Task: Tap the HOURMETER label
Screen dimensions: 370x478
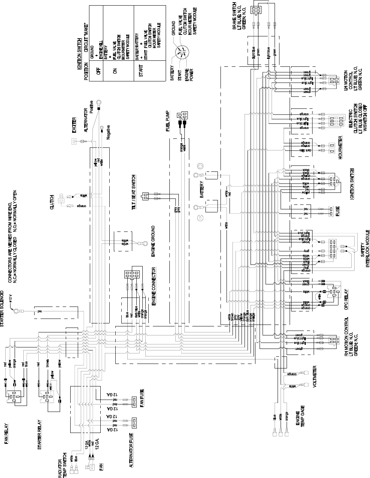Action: (341, 147)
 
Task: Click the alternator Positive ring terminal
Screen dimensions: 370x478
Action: (98, 102)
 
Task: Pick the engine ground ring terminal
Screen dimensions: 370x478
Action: (143, 244)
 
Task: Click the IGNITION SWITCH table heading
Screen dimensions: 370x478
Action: (80, 54)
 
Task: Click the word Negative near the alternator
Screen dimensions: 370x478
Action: (108, 132)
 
